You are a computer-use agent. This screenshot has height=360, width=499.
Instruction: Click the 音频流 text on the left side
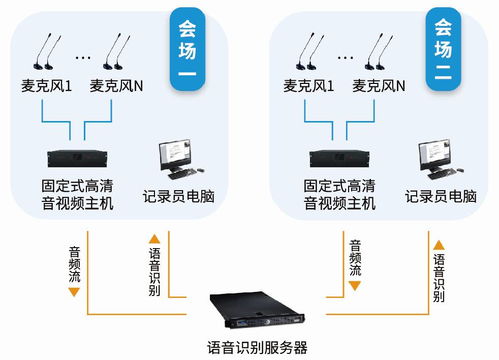(74, 261)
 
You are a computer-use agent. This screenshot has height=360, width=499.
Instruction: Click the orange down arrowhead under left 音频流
(74, 286)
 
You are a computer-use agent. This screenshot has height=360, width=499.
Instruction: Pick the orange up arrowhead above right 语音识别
(438, 241)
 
